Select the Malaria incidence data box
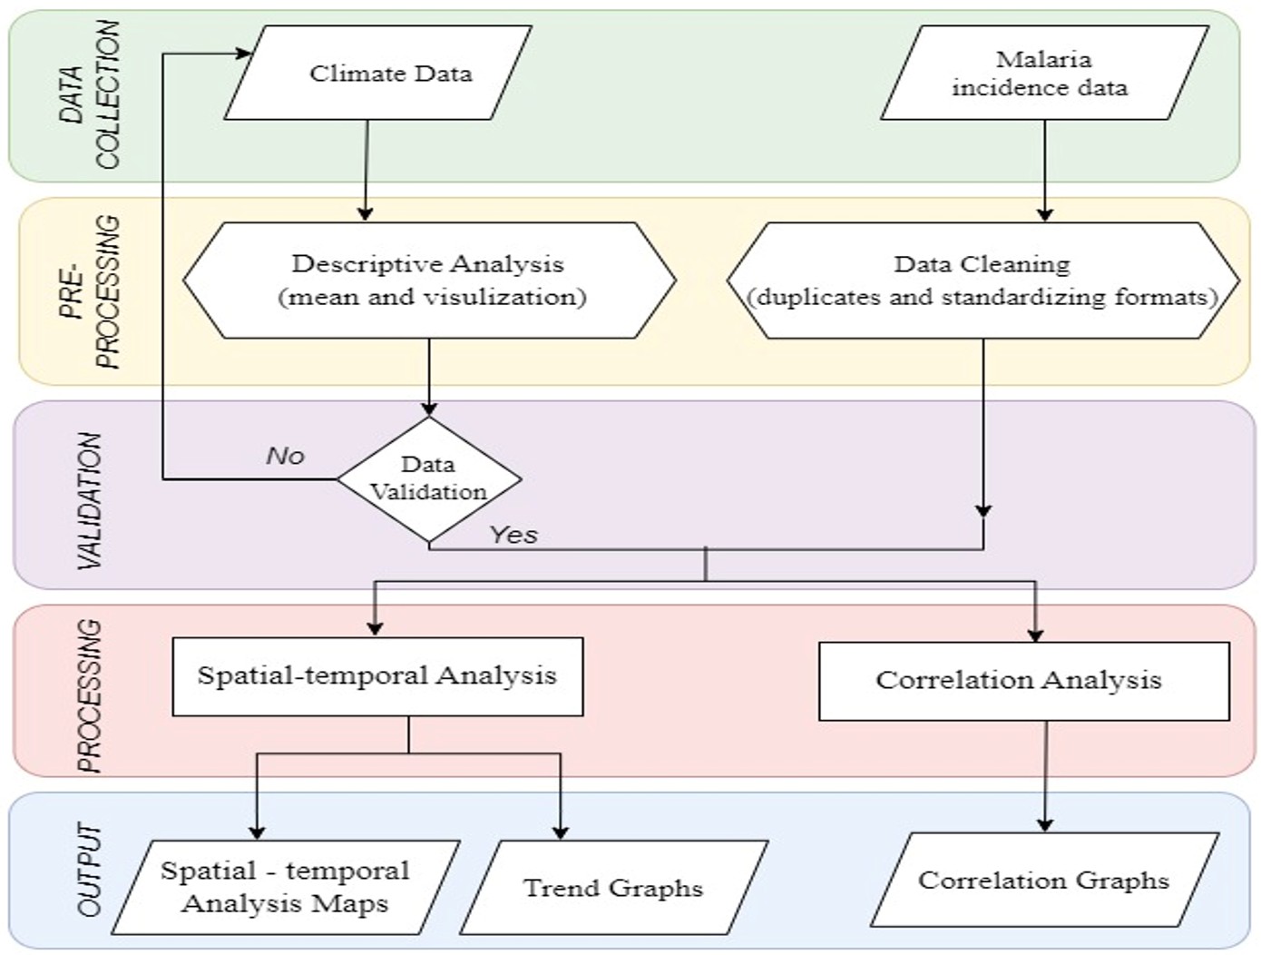(x=1043, y=73)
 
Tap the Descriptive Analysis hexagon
(x=429, y=281)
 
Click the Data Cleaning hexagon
(x=982, y=281)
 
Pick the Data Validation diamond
(x=429, y=478)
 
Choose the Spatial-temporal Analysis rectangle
(x=377, y=676)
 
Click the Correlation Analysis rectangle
(x=1023, y=681)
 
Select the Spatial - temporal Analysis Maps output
(x=286, y=887)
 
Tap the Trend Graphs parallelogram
(x=614, y=887)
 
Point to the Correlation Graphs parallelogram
(x=1043, y=880)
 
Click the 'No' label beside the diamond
(x=285, y=456)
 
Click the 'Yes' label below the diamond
(x=513, y=536)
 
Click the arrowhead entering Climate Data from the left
(x=243, y=54)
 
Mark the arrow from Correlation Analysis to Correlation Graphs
(x=1045, y=776)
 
